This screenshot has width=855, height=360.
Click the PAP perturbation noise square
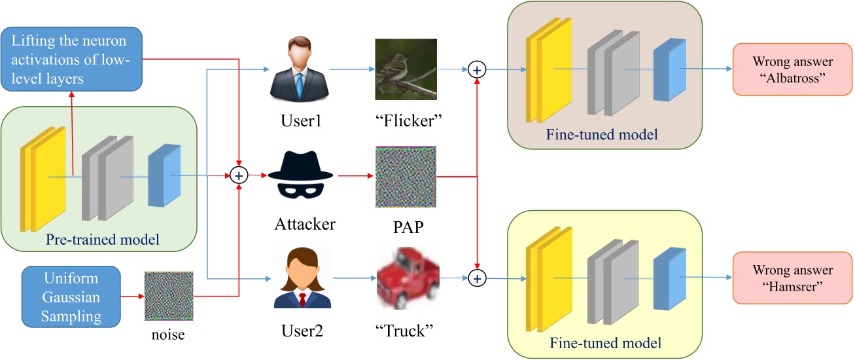pos(406,176)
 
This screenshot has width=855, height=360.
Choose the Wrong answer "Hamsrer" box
pos(792,278)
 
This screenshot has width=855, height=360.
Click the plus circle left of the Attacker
pos(239,175)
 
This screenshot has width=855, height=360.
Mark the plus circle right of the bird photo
pos(478,69)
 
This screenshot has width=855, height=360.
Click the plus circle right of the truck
pos(478,278)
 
